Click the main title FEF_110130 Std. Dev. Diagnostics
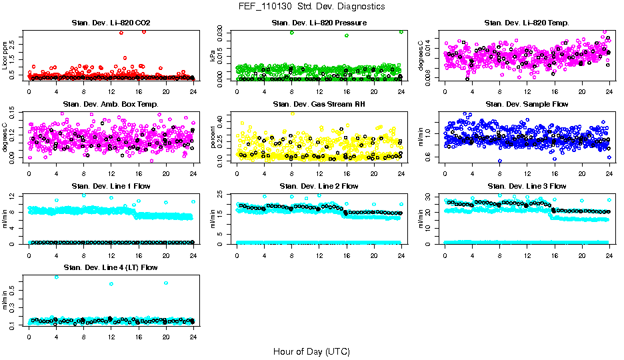click(311, 7)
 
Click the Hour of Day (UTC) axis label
click(311, 351)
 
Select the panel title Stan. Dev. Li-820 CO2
click(111, 23)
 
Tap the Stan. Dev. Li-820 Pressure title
click(319, 23)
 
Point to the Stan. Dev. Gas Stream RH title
click(319, 105)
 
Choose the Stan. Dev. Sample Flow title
click(527, 105)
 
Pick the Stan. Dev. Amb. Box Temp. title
click(111, 105)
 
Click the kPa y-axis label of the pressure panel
click(213, 56)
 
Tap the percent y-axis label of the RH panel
click(213, 137)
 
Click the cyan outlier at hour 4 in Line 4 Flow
click(56, 277)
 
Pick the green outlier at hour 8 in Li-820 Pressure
click(292, 33)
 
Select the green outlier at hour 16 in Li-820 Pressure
click(347, 35)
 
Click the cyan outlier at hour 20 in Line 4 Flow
click(166, 283)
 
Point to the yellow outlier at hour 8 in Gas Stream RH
click(292, 113)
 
